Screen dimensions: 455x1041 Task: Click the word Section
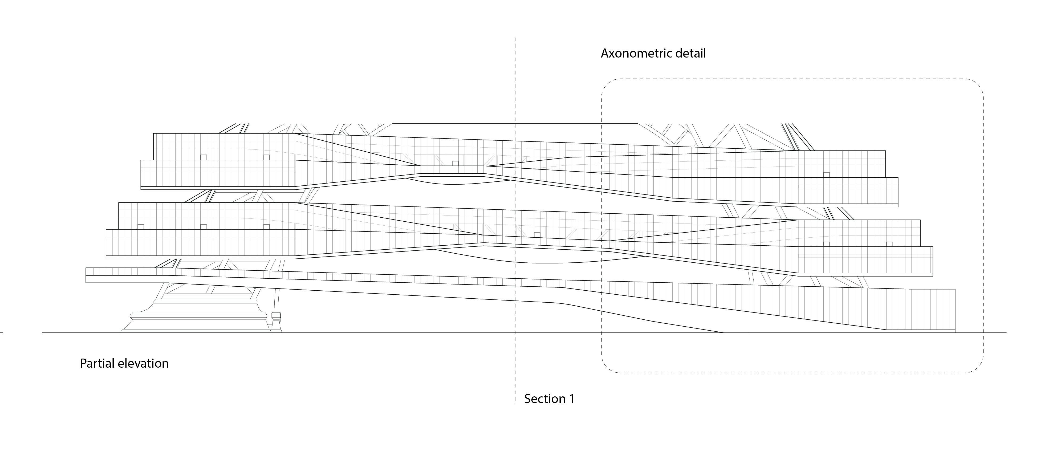[544, 399]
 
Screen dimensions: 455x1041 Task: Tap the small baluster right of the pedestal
[276, 321]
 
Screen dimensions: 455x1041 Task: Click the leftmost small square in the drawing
[141, 227]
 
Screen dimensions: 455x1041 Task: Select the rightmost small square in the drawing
[889, 244]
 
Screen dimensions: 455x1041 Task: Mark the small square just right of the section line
[537, 235]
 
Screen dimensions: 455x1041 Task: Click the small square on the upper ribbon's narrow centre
[455, 163]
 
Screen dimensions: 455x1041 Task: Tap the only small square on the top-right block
[826, 174]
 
